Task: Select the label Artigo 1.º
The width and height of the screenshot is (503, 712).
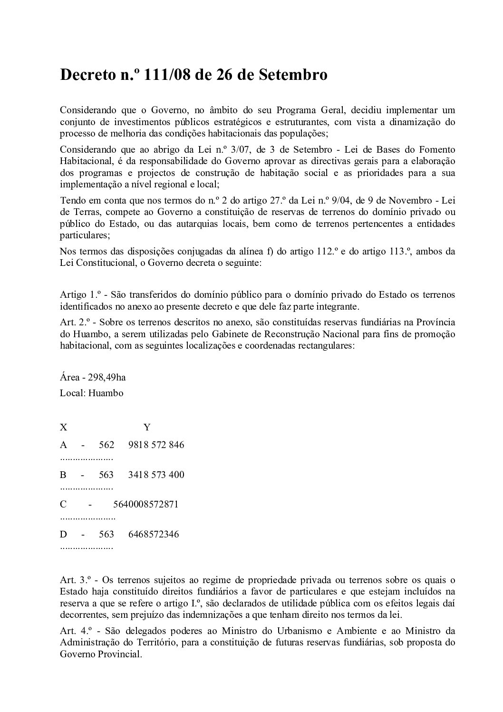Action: click(x=77, y=294)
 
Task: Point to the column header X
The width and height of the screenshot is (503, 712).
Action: click(x=63, y=427)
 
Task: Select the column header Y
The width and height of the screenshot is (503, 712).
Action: click(x=147, y=427)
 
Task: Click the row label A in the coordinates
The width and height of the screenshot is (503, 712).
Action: click(x=63, y=445)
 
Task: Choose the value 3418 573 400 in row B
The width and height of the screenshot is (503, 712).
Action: click(x=156, y=475)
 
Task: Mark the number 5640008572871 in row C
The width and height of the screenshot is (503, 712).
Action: click(x=146, y=504)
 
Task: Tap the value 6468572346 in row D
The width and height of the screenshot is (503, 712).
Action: click(x=154, y=534)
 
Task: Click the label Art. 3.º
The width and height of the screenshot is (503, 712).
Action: click(x=75, y=580)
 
